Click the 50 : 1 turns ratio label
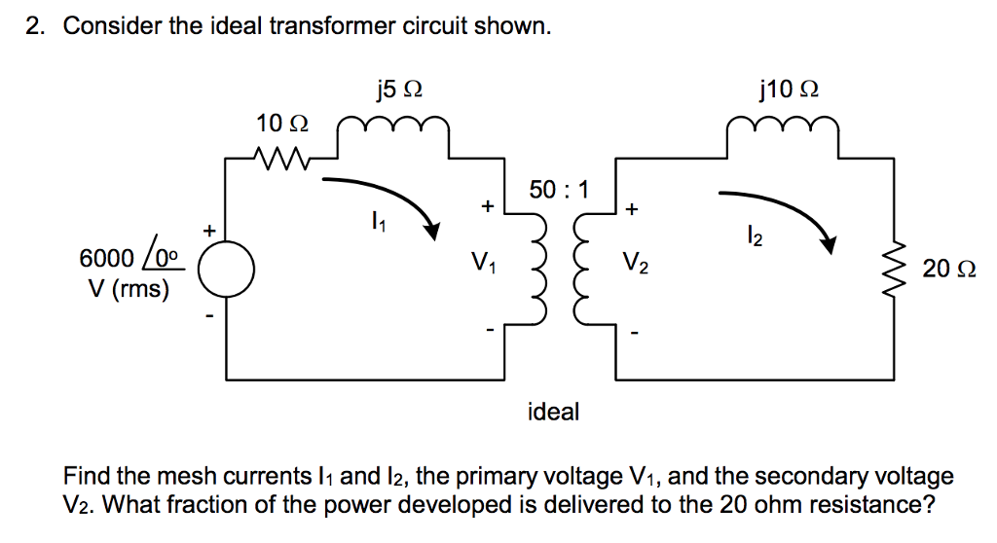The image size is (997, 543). pyautogui.click(x=559, y=189)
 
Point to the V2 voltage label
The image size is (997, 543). pyautogui.click(x=634, y=262)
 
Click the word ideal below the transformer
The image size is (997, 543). pyautogui.click(x=553, y=412)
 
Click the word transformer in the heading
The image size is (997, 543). pyautogui.click(x=338, y=26)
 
